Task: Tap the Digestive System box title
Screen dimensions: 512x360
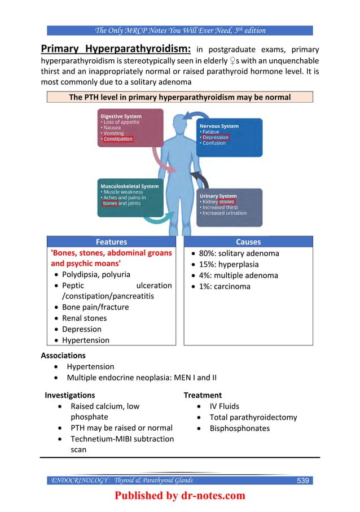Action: [121, 116]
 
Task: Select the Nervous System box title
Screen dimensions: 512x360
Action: [219, 126]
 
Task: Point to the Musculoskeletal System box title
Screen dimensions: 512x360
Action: [130, 186]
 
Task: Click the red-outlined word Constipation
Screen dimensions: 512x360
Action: [118, 139]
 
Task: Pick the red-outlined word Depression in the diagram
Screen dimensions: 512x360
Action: [216, 137]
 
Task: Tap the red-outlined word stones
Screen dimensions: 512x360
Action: [227, 202]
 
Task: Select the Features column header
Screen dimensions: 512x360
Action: [111, 241]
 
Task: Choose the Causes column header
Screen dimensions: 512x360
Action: [248, 241]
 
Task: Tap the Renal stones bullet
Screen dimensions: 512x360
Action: [84, 318]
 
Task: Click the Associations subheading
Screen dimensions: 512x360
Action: [63, 356]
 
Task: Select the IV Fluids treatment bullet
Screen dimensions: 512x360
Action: [224, 406]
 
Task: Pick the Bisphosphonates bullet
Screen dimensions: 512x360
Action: [239, 428]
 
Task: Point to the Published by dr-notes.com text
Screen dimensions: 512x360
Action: [180, 496]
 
